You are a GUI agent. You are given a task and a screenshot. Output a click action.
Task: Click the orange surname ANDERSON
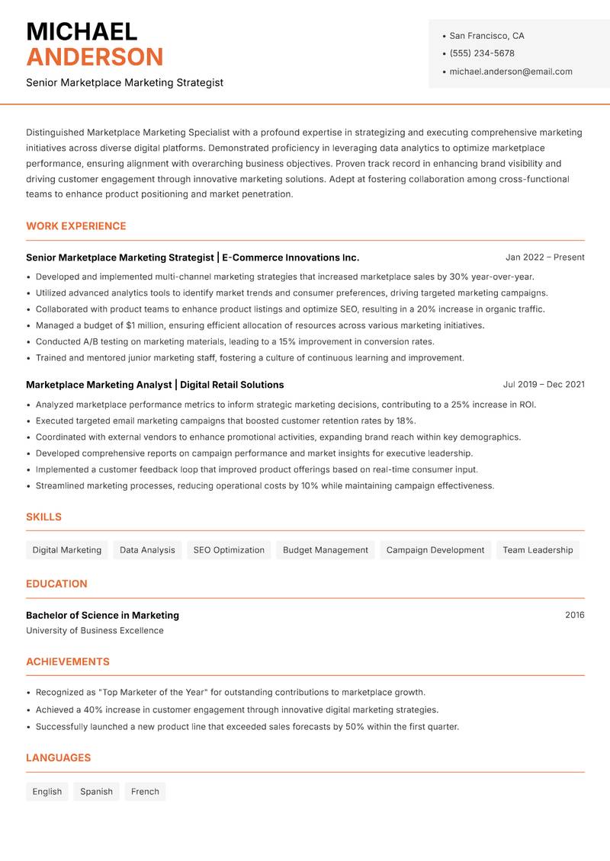(x=95, y=57)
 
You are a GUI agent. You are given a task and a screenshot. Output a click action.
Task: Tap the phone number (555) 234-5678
(x=482, y=53)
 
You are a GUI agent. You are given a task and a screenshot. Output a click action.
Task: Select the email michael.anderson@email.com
(x=511, y=72)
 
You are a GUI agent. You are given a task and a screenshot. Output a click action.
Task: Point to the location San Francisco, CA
(x=486, y=36)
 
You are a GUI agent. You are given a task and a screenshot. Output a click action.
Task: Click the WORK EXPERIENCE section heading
(x=76, y=226)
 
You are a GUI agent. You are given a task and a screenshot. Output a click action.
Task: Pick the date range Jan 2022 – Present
(x=544, y=258)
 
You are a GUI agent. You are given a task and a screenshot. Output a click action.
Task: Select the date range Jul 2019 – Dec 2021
(x=544, y=385)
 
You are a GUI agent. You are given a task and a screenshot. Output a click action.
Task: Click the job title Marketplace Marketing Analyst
(x=99, y=385)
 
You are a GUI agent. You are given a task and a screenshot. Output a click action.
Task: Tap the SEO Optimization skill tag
(x=229, y=550)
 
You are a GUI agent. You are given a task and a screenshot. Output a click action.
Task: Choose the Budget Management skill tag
(x=326, y=550)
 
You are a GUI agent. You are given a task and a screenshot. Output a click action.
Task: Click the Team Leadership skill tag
(x=538, y=550)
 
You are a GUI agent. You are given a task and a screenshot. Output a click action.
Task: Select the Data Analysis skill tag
(x=147, y=550)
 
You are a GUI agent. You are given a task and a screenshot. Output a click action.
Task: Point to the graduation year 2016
(x=574, y=615)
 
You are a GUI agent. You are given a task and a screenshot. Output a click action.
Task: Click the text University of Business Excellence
(x=95, y=631)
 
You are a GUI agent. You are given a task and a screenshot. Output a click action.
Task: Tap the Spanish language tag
(x=96, y=792)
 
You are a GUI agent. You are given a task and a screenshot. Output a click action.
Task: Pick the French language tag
(x=145, y=792)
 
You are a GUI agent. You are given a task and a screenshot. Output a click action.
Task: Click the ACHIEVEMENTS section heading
(x=68, y=662)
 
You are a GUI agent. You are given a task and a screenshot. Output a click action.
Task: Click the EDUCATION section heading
(x=56, y=584)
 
